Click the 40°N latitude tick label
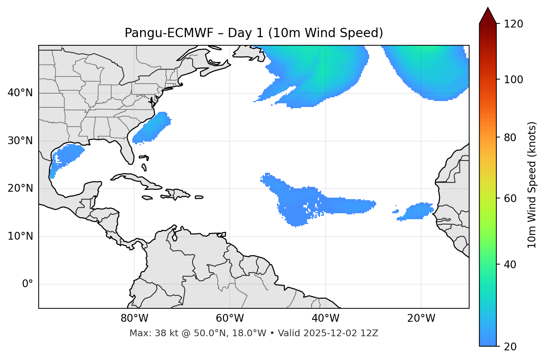coord(20,93)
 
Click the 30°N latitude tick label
coord(20,141)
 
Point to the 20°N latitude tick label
coord(20,188)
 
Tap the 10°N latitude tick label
coord(20,236)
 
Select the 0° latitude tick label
coord(28,284)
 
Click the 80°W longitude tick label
coord(134,318)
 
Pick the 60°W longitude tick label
coord(230,318)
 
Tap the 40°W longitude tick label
coord(325,318)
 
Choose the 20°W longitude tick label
coord(421,318)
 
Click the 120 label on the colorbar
coord(513,24)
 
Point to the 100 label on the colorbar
coord(513,80)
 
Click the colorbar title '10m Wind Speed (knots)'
coord(532,185)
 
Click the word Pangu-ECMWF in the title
coord(169,33)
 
